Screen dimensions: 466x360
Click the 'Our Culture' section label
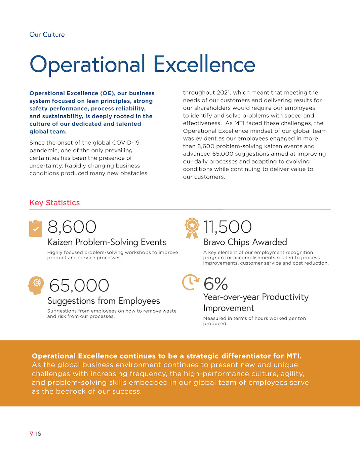click(47, 35)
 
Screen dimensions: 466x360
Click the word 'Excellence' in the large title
click(204, 65)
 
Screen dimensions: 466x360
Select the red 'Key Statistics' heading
click(55, 203)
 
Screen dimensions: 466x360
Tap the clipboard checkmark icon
click(36, 229)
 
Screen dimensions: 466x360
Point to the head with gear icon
click(36, 285)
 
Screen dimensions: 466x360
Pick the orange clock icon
click(190, 282)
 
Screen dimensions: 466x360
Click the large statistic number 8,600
click(72, 227)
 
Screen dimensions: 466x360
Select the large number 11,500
click(227, 227)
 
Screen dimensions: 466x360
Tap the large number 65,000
click(79, 286)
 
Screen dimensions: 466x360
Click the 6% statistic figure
click(215, 284)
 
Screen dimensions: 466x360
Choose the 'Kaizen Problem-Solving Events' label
click(107, 242)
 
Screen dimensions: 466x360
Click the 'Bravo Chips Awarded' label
click(245, 242)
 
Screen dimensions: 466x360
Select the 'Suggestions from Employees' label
click(104, 301)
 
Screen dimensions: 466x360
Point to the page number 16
click(38, 434)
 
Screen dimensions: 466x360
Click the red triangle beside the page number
click(31, 433)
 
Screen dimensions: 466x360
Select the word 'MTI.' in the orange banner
click(294, 356)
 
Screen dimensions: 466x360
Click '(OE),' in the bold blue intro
click(108, 93)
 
